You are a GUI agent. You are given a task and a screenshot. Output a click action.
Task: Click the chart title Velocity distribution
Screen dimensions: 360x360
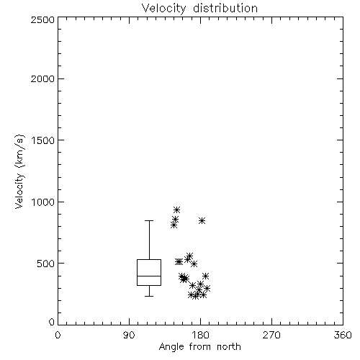point(199,9)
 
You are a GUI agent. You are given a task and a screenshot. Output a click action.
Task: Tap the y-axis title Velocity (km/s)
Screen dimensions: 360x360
point(19,171)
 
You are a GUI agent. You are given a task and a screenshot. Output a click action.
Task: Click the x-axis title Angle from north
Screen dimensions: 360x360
point(199,347)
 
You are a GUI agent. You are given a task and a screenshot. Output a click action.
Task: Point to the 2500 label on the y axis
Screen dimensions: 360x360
point(42,19)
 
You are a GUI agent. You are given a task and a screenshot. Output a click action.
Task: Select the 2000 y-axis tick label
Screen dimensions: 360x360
point(42,78)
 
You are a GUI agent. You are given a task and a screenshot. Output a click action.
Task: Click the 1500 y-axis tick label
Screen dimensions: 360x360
point(43,140)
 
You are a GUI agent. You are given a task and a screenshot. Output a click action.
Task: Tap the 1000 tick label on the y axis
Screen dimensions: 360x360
point(43,202)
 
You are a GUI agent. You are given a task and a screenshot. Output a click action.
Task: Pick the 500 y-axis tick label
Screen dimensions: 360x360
point(46,264)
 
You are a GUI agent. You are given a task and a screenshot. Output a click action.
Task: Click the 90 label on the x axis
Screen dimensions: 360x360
point(129,335)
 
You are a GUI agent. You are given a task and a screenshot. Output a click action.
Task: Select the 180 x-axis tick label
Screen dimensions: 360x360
point(200,335)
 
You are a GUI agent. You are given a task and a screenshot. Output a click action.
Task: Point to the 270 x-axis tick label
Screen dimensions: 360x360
point(271,335)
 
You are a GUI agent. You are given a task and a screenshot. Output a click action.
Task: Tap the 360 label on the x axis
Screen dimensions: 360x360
point(343,335)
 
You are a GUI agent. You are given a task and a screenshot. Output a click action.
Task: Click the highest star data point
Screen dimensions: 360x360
point(177,210)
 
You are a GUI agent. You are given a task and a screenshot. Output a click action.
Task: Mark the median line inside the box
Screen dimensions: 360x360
point(149,276)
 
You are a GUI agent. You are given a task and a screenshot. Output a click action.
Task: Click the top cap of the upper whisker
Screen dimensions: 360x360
point(149,220)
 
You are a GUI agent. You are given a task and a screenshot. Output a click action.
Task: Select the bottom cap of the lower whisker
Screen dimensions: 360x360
point(149,296)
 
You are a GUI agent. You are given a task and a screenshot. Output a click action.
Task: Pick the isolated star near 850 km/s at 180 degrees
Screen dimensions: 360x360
point(202,220)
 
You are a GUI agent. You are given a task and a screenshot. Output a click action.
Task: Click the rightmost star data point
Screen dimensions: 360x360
point(207,288)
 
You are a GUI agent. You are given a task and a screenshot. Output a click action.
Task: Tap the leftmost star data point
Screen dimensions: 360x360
point(174,225)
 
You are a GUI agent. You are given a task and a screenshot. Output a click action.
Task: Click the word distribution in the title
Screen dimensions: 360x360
point(225,9)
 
